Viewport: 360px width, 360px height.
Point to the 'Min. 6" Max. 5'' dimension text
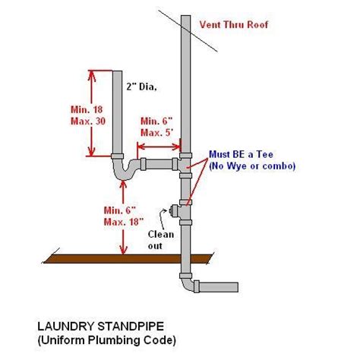[157, 126]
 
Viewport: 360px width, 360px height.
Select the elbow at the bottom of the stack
[188, 284]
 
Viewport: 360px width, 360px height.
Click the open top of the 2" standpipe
[118, 72]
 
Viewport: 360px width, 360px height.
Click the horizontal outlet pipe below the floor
[220, 287]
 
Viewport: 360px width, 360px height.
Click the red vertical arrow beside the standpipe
[92, 113]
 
